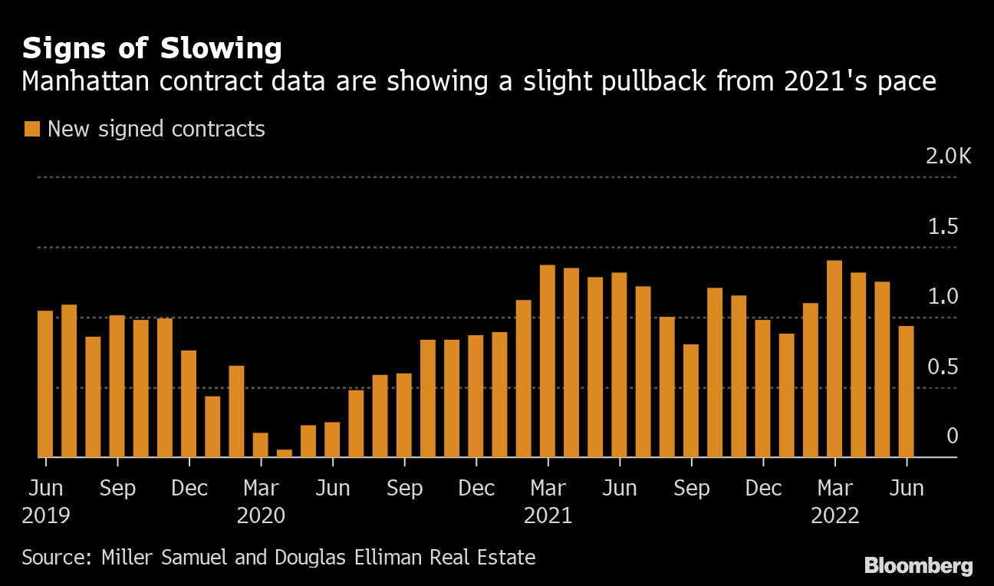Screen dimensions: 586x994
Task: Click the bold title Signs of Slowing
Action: (152, 48)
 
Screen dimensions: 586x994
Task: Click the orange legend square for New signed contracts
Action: (31, 129)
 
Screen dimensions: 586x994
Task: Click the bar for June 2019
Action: (45, 384)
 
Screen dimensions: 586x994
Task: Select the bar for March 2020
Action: (261, 445)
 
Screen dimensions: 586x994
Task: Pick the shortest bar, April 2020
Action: (285, 453)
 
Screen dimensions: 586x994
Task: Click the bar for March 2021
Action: (548, 360)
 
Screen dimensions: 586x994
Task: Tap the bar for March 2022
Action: (834, 358)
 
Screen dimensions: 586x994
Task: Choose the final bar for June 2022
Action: (907, 391)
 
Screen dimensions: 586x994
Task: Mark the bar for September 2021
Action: (691, 400)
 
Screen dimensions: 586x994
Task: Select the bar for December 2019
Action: (189, 403)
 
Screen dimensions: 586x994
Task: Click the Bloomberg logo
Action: (918, 566)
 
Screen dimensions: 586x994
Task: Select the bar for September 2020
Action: (404, 415)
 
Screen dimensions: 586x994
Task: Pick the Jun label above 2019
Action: (45, 488)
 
